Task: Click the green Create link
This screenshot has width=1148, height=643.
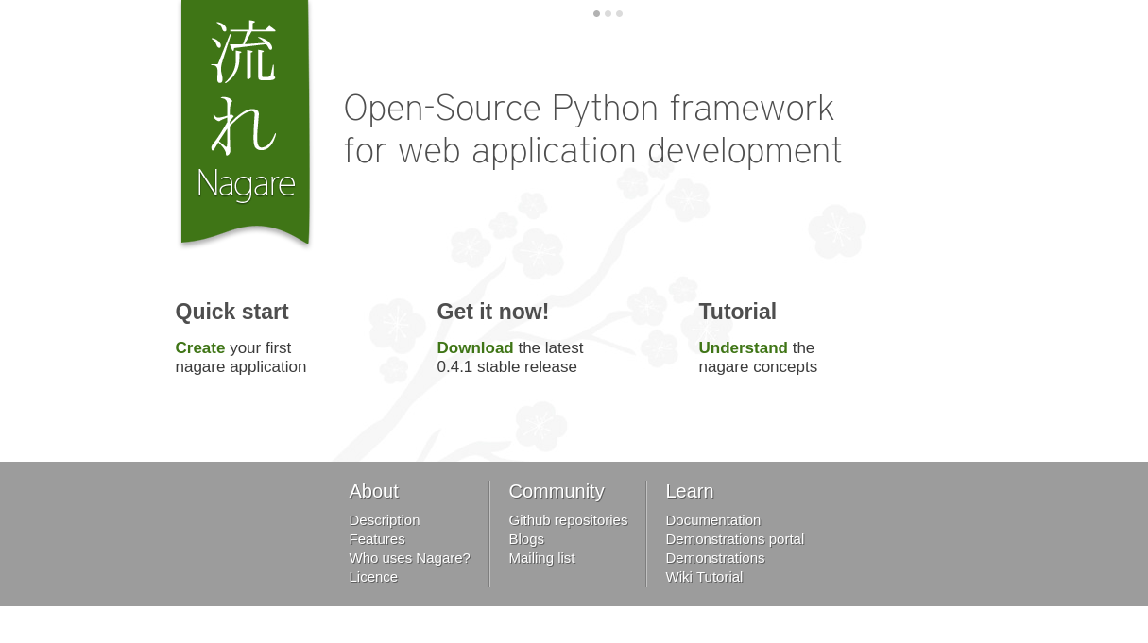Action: [200, 347]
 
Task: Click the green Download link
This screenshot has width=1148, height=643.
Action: [475, 347]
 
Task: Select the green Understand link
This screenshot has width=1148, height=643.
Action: [743, 347]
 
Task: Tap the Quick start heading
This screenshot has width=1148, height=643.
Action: [231, 312]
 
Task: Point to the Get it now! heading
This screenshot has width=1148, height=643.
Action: [492, 312]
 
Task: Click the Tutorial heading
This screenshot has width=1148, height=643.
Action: [738, 312]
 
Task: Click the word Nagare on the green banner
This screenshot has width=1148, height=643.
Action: [246, 184]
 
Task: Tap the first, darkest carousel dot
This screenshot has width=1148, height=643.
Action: [596, 14]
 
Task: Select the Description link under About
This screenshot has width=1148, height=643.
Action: [385, 520]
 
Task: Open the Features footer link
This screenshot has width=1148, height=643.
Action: [377, 539]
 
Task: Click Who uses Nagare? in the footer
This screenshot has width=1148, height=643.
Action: [409, 558]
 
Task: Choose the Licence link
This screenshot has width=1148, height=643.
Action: [373, 577]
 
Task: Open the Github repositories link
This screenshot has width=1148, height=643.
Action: [569, 520]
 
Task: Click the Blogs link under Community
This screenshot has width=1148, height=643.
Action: [526, 539]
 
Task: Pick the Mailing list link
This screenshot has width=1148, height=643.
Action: [541, 558]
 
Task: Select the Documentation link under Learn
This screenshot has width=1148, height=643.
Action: [712, 520]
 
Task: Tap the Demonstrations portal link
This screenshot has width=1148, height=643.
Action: [735, 539]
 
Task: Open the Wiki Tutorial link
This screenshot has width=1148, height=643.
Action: [704, 577]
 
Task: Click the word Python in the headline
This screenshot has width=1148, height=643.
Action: [605, 110]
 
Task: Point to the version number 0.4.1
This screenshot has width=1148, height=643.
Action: [454, 366]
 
